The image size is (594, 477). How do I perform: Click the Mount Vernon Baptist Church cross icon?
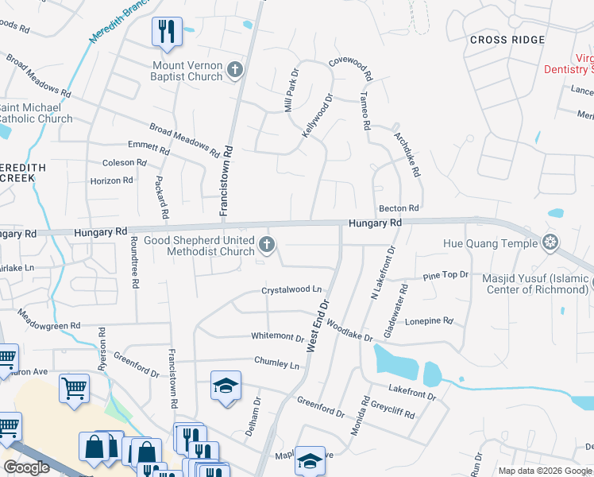tap(234, 71)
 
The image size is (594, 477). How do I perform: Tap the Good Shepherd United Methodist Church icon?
tap(268, 245)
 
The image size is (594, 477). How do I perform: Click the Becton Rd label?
tap(399, 208)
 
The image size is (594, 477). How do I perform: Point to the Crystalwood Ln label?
tap(292, 291)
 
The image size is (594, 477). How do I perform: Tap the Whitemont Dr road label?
tap(278, 337)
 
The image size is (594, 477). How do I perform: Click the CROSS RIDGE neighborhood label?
tap(507, 40)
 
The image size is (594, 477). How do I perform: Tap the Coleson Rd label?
tap(125, 163)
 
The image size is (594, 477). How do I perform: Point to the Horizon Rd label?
tap(112, 181)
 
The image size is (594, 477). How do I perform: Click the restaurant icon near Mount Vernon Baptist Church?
tap(167, 32)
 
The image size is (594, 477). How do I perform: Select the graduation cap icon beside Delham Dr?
tap(226, 386)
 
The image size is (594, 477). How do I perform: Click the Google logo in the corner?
tap(26, 467)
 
